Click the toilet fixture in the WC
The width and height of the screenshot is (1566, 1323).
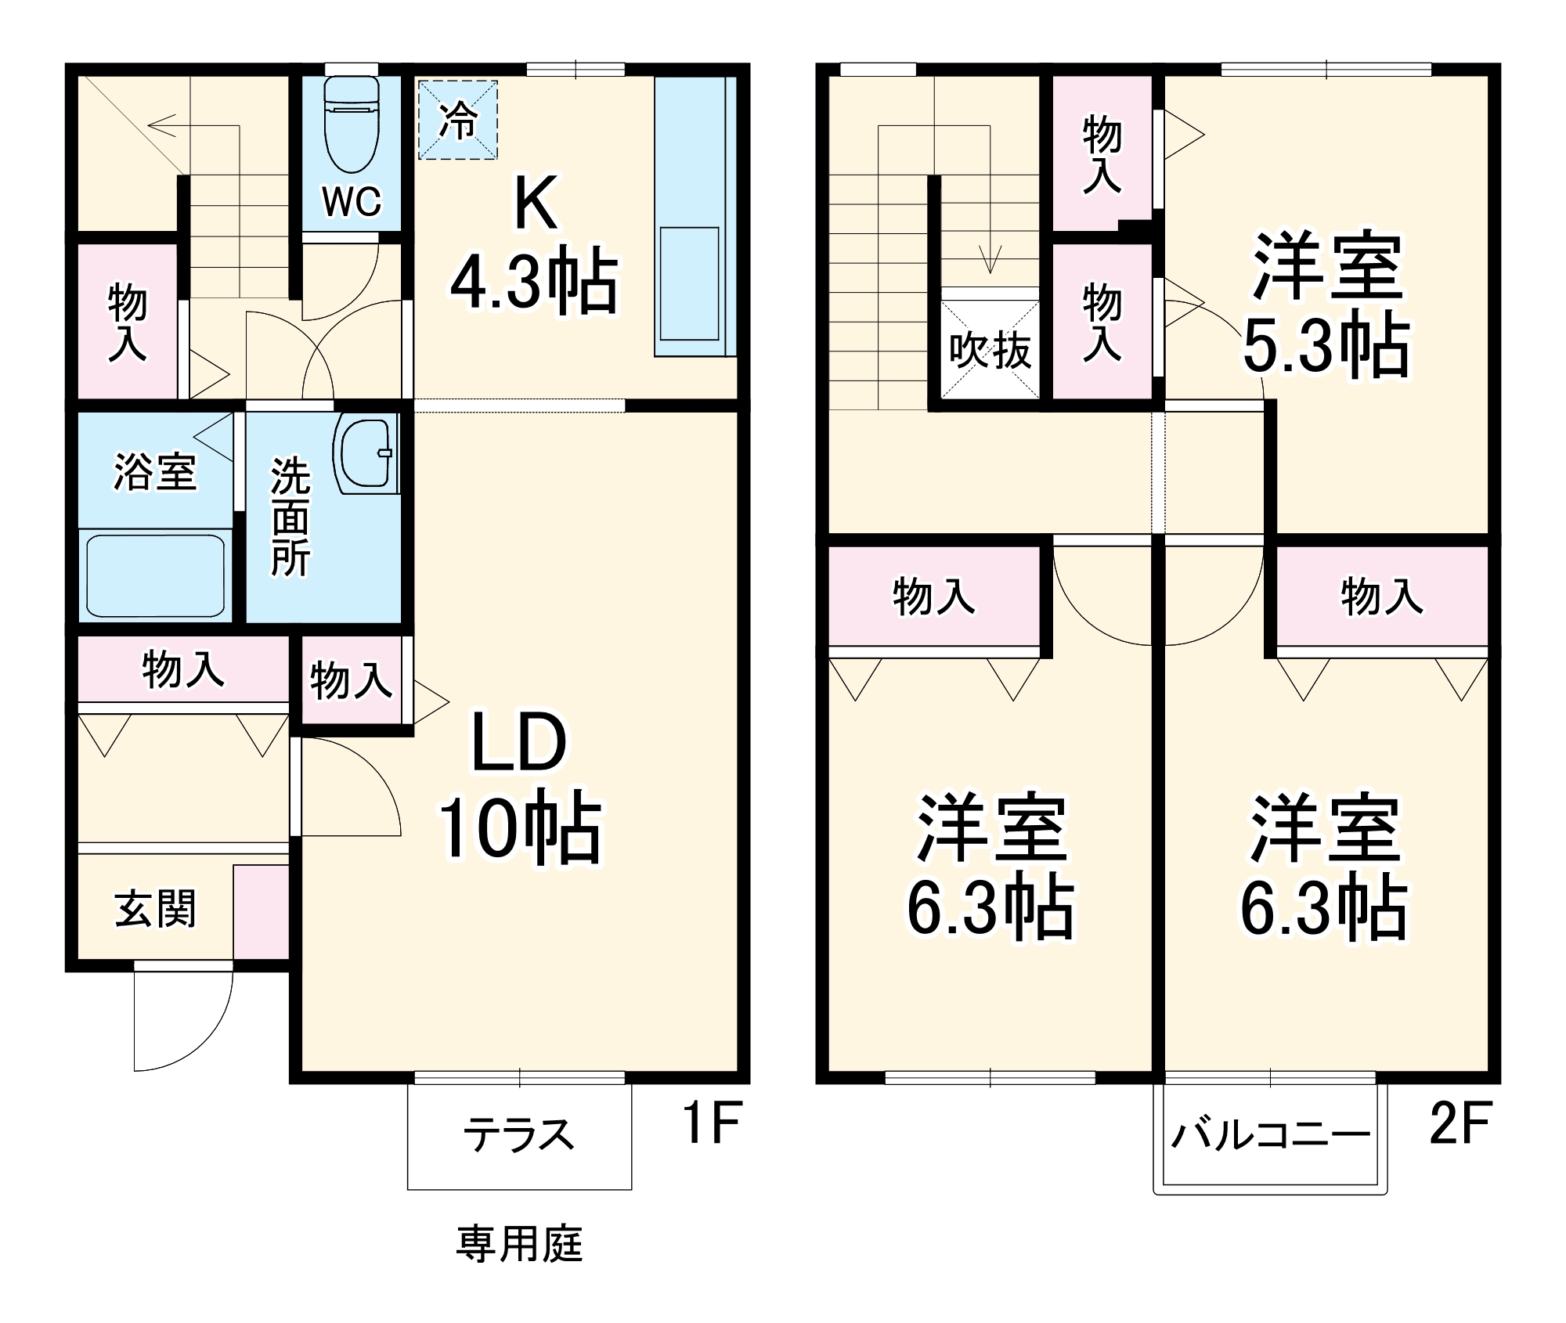[352, 125]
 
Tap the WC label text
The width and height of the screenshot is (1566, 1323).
[352, 202]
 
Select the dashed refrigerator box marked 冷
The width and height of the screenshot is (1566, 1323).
[458, 120]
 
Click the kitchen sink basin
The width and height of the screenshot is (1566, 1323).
[689, 283]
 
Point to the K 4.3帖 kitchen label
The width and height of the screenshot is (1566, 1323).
[535, 244]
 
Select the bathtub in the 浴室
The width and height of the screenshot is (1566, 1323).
[155, 575]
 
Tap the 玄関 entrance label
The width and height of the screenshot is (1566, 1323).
[155, 909]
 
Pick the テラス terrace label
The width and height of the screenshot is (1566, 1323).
[519, 1134]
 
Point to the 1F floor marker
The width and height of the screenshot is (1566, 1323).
[711, 1122]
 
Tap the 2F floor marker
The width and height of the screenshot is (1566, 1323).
[1460, 1122]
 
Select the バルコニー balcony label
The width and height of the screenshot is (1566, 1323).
[1270, 1134]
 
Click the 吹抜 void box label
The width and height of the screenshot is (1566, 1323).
[990, 350]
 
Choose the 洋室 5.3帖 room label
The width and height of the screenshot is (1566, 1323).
[1326, 305]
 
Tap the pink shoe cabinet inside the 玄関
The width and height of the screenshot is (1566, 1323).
[261, 911]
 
